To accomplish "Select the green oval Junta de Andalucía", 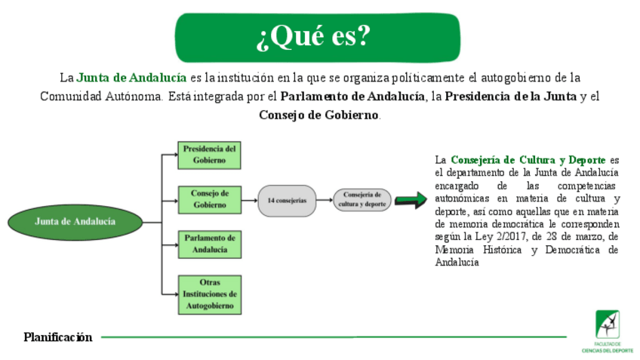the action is click(x=75, y=222).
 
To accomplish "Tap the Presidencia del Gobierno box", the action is click(x=209, y=155).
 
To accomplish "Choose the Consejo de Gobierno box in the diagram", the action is click(x=209, y=198).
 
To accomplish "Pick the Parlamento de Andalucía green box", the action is click(x=209, y=243).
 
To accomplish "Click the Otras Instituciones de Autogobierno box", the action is click(x=209, y=294).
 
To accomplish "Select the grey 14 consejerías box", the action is click(x=287, y=201).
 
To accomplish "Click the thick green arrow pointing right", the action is click(x=410, y=200).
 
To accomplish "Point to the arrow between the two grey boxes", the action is click(x=325, y=200).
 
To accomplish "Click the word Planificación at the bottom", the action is click(x=57, y=337).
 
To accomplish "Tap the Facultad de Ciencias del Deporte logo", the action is click(x=607, y=331).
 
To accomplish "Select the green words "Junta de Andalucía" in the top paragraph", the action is click(x=131, y=78).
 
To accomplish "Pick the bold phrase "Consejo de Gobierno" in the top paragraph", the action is click(x=318, y=115).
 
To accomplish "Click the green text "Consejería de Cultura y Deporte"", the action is click(x=528, y=160).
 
